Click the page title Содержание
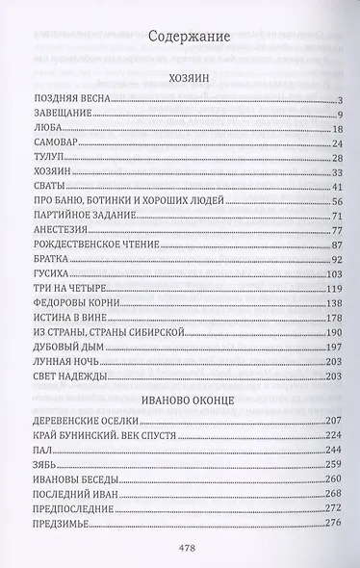point(188,38)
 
